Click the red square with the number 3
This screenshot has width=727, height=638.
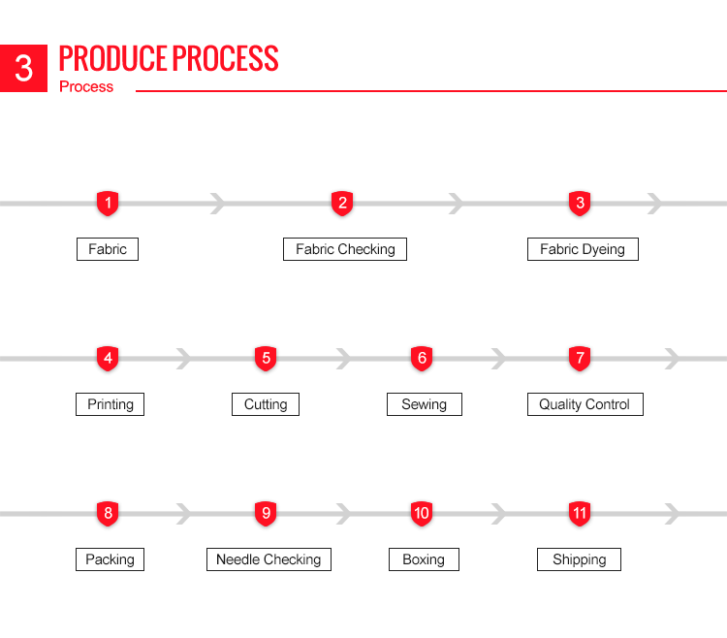click(23, 68)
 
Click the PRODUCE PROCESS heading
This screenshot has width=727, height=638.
click(169, 58)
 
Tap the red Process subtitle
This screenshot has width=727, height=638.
click(86, 86)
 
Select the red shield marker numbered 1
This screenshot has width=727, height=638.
click(108, 203)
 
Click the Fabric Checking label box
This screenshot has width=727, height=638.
click(345, 249)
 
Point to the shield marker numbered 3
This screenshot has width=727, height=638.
click(580, 203)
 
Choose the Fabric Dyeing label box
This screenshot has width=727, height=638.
click(583, 249)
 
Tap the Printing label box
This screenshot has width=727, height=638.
click(110, 404)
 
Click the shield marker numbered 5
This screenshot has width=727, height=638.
click(266, 359)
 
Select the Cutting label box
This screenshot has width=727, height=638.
click(266, 404)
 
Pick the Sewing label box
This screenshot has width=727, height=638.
click(425, 404)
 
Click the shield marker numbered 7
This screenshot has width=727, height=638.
click(580, 359)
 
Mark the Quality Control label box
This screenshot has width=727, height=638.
click(585, 404)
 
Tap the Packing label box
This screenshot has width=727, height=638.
click(110, 559)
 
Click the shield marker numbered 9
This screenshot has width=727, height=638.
click(266, 513)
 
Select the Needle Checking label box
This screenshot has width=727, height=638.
click(269, 559)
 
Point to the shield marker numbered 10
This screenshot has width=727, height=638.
click(422, 513)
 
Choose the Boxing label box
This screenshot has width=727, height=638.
click(424, 559)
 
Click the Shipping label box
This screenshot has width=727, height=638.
click(579, 559)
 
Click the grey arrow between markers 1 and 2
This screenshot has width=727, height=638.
click(218, 204)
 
